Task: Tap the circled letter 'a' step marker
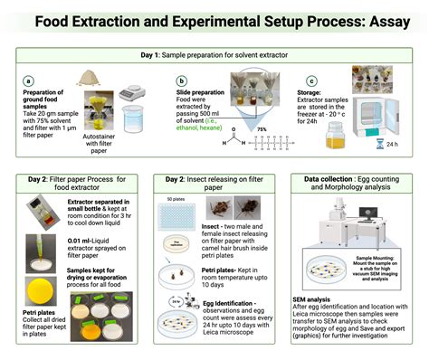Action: pyautogui.click(x=29, y=80)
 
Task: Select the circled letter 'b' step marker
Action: pyautogui.click(x=183, y=80)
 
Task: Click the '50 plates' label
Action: pyautogui.click(x=176, y=197)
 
